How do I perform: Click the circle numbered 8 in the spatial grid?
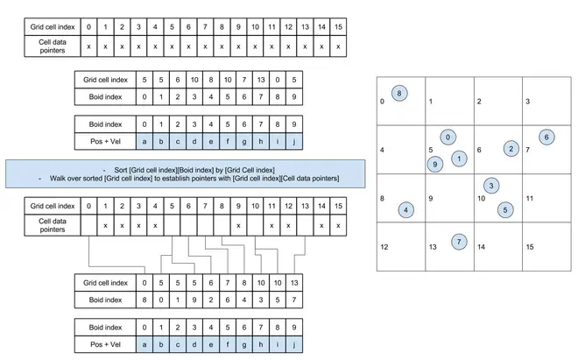click(x=399, y=92)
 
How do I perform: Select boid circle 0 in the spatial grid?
click(x=448, y=138)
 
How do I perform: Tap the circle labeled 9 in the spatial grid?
click(x=435, y=164)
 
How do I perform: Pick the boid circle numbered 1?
click(x=458, y=159)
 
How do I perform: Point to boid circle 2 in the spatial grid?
click(x=510, y=149)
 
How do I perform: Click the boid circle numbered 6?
click(x=546, y=137)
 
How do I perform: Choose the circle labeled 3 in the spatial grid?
click(x=491, y=186)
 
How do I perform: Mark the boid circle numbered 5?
click(x=504, y=209)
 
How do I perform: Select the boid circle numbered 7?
click(x=459, y=241)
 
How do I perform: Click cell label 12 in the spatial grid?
click(x=385, y=248)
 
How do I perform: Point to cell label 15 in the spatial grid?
click(x=530, y=248)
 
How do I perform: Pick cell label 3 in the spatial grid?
click(x=527, y=102)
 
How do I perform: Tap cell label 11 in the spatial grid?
click(x=530, y=199)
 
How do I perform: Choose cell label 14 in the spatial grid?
click(x=482, y=248)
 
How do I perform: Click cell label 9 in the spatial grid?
click(x=430, y=199)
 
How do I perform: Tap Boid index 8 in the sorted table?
click(x=144, y=300)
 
